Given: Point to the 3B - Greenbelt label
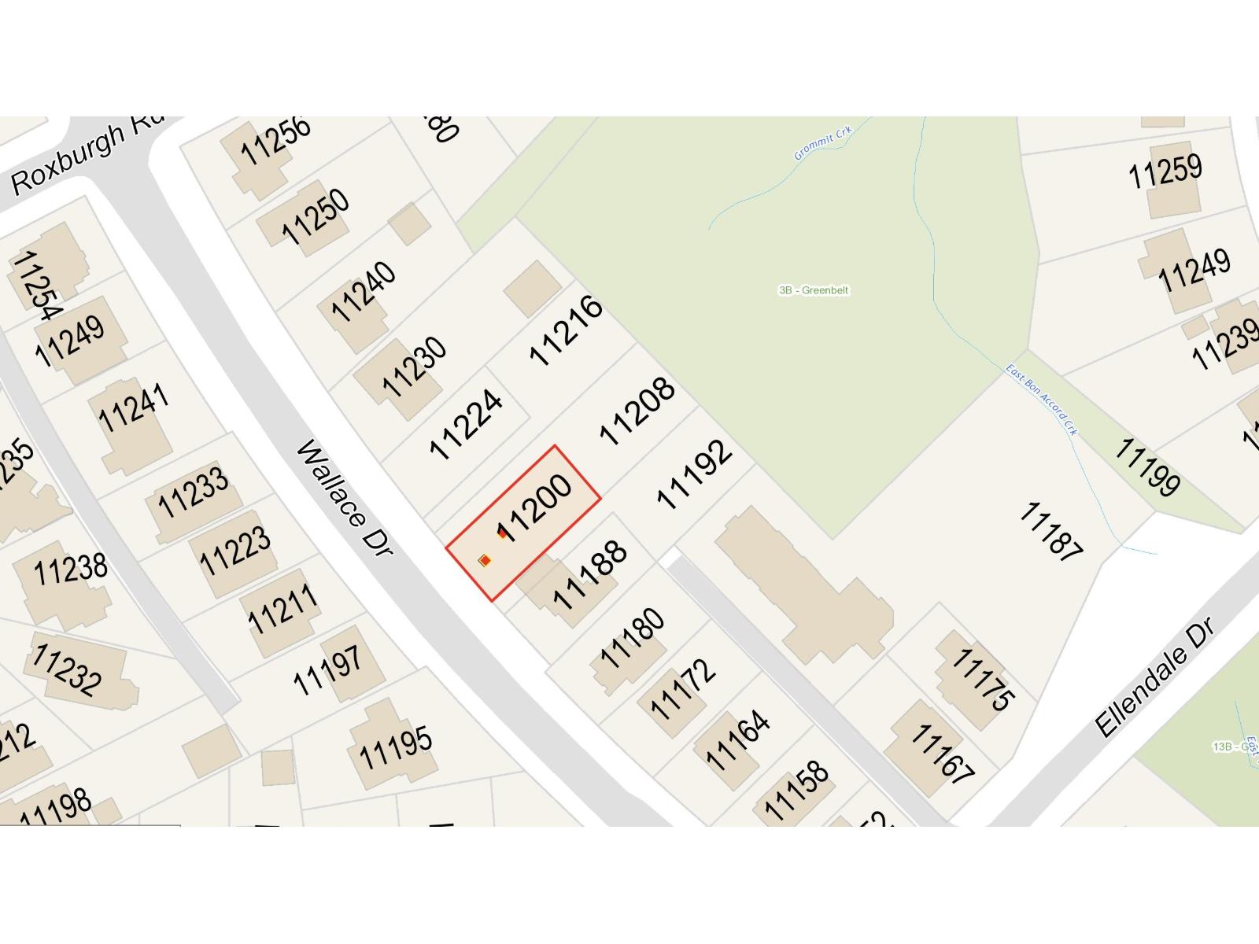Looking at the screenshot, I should point(814,290).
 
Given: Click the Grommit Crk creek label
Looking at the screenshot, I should point(822,142).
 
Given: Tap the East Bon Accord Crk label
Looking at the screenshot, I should point(1042,400).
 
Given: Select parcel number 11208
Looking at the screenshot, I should point(637,410).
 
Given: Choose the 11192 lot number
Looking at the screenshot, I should point(694,474).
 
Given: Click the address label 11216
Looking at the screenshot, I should point(566,330).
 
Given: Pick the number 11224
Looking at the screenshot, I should point(466,424).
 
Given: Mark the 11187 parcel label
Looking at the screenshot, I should point(1051,532).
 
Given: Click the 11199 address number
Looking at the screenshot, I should point(1147,466).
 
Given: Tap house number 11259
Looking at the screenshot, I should point(1165,171).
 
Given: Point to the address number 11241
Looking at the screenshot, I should point(134,407).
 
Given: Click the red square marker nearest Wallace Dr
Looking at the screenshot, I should point(486,560).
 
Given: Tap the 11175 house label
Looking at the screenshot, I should point(983,678).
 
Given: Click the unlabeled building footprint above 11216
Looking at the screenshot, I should point(532,289).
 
